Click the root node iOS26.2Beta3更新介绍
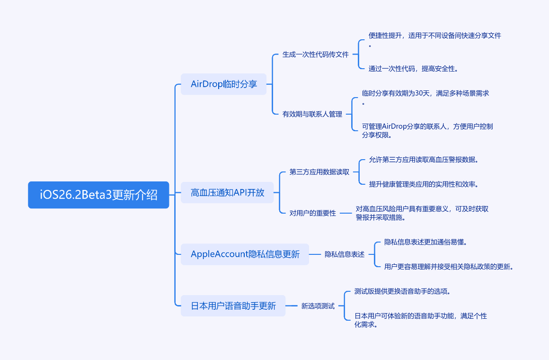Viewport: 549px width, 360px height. (x=98, y=195)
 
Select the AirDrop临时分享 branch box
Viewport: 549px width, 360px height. (x=224, y=84)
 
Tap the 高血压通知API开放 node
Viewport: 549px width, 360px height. (x=227, y=193)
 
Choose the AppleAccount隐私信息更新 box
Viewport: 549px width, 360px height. (x=245, y=254)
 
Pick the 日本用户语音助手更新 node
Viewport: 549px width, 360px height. (x=233, y=306)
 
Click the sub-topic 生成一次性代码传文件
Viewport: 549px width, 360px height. (x=315, y=54)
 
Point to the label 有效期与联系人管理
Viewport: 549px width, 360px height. (x=312, y=114)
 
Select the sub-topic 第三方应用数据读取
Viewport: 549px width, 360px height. (x=319, y=172)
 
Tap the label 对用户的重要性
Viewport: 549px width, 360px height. (x=312, y=213)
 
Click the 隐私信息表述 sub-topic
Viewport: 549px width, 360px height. (x=345, y=254)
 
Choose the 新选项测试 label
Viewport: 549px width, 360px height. (x=318, y=306)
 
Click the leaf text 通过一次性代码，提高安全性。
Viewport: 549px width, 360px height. (x=413, y=69)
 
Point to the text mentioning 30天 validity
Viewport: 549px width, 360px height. (x=425, y=93)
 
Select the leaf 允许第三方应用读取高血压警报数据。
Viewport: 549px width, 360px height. (x=424, y=160)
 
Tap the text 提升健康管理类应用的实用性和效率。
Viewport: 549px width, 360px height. (x=424, y=184)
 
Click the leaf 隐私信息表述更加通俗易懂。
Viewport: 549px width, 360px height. (x=426, y=242)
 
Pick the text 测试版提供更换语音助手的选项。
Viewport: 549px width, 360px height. (x=402, y=291)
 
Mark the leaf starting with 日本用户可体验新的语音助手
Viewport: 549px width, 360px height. (x=420, y=316)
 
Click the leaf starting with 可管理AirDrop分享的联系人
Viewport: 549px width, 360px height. (x=427, y=126)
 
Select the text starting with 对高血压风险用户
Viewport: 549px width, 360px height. (x=422, y=209)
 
